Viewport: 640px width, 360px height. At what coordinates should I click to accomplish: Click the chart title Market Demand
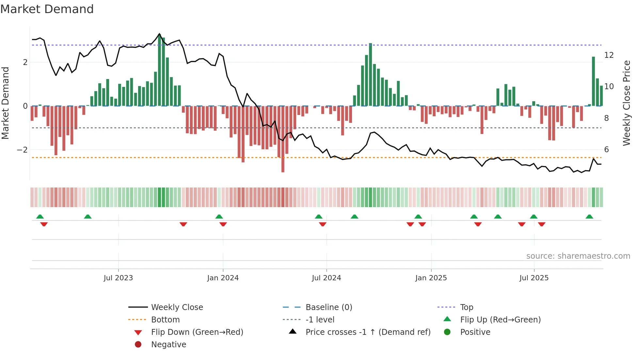(x=47, y=9)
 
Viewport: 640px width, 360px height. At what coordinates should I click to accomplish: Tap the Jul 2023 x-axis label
(x=118, y=278)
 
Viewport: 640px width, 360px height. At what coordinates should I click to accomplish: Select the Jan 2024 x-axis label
(x=223, y=278)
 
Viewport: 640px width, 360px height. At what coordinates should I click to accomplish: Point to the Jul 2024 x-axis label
(x=326, y=278)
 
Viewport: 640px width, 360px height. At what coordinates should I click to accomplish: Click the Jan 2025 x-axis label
(x=431, y=278)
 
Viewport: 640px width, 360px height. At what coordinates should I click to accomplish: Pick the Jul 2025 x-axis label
(x=534, y=278)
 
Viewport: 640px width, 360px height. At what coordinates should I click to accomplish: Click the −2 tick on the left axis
(x=22, y=150)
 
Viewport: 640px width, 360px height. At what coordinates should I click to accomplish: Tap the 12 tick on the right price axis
(x=609, y=55)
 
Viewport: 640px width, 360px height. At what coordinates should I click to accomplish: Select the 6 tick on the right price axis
(x=606, y=149)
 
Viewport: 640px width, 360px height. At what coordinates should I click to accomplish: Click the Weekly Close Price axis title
(x=626, y=103)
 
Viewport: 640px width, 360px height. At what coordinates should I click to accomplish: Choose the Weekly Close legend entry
(x=177, y=307)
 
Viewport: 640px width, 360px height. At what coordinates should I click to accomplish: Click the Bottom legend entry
(x=165, y=319)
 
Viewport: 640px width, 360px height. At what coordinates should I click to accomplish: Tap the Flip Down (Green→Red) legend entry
(x=197, y=332)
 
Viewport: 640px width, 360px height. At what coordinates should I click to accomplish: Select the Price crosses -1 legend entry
(x=368, y=332)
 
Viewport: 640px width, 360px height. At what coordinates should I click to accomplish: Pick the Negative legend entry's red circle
(x=138, y=344)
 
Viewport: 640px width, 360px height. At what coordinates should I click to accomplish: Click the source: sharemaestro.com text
(x=578, y=256)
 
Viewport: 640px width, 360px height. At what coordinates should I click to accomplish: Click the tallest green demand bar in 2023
(x=159, y=70)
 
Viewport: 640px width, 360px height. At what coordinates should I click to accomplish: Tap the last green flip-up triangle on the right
(x=589, y=217)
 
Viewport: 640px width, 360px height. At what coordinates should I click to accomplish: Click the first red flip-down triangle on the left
(x=44, y=224)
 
